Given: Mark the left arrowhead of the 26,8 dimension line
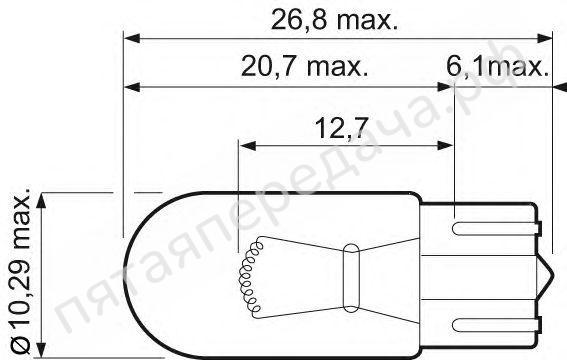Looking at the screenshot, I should point(129,38).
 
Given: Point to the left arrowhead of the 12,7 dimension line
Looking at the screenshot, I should point(246,145).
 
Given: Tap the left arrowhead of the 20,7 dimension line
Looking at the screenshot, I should point(129,87).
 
